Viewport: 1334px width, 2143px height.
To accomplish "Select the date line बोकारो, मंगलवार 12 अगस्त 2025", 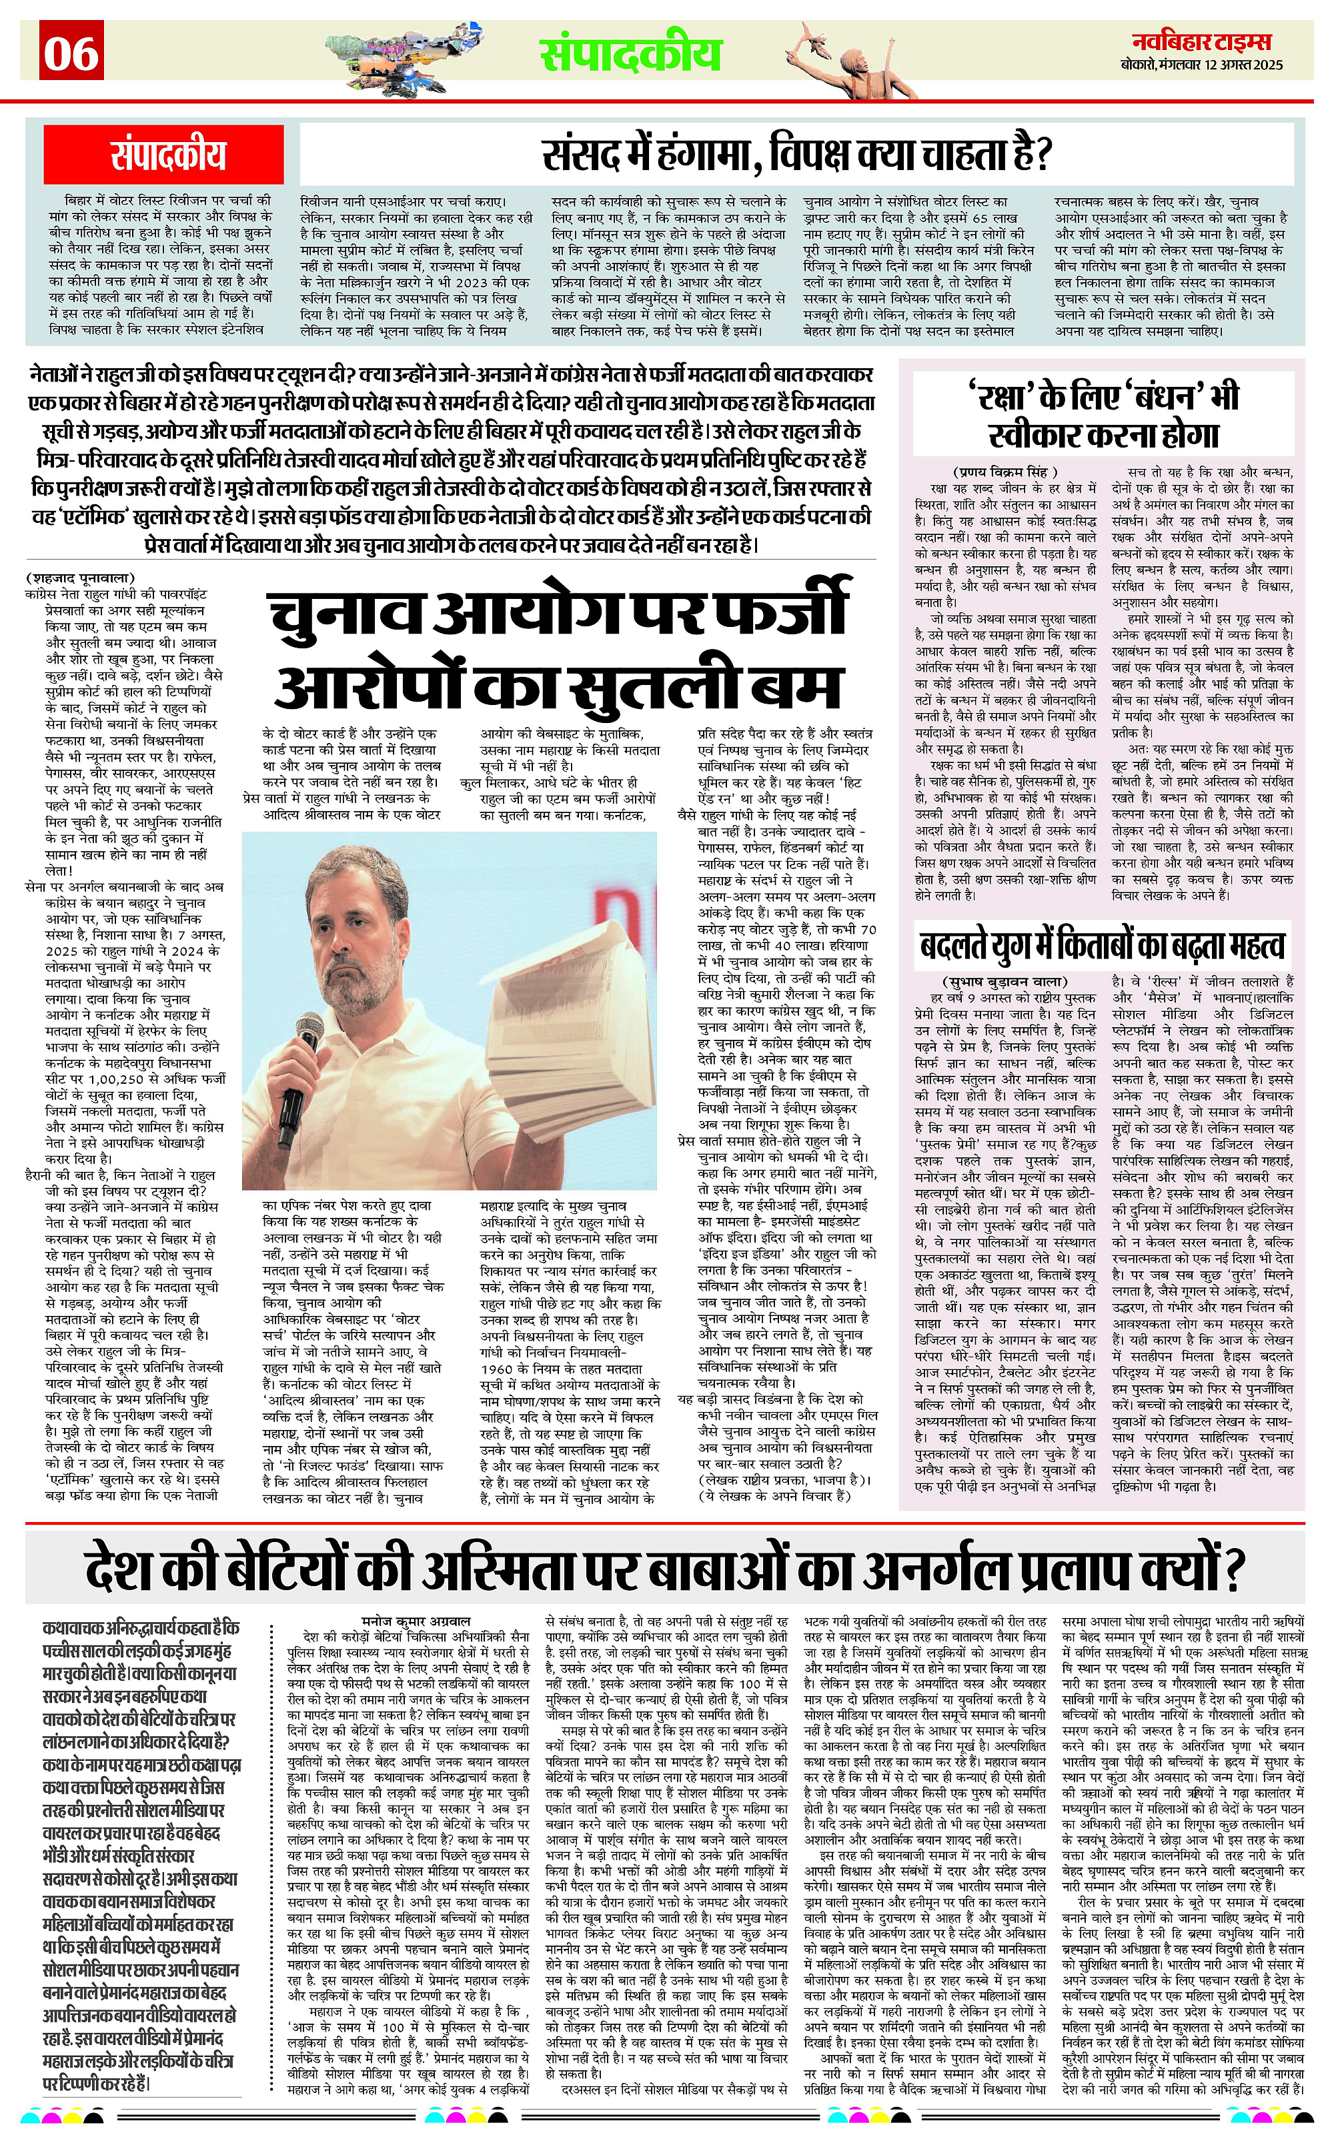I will tap(1208, 65).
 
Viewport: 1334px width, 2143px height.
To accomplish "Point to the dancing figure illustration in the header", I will tap(836, 55).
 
